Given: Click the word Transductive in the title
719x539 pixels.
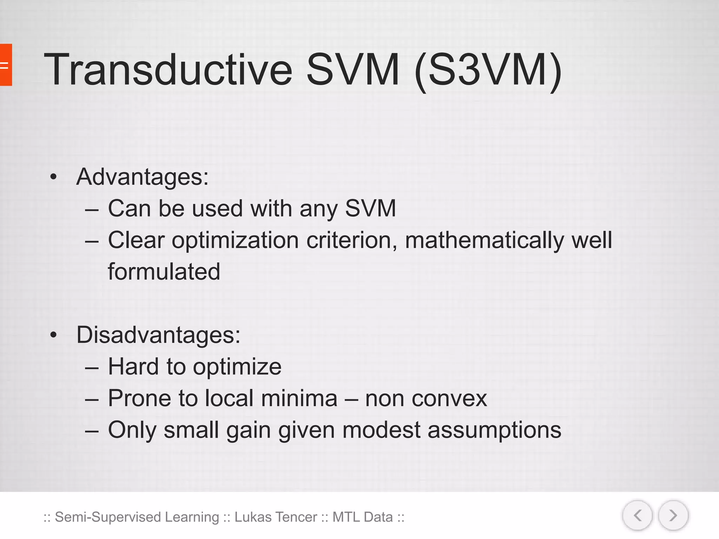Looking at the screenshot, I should [168, 69].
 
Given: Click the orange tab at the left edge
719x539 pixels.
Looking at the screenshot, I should [6, 65].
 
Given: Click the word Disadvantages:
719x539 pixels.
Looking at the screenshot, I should [158, 335].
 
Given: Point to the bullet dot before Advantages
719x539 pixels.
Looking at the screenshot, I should [53, 177].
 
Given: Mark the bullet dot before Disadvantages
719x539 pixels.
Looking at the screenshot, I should [53, 335].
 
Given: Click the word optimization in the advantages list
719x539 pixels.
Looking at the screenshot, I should [235, 241].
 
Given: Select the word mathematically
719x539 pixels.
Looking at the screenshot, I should [484, 241].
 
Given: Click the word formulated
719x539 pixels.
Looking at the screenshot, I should [164, 272].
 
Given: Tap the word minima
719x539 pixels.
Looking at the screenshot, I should [299, 398].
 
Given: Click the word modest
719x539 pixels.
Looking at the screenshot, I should [381, 430].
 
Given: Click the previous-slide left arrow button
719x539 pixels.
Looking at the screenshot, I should [638, 515].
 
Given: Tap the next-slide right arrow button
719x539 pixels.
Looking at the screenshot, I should [673, 515].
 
